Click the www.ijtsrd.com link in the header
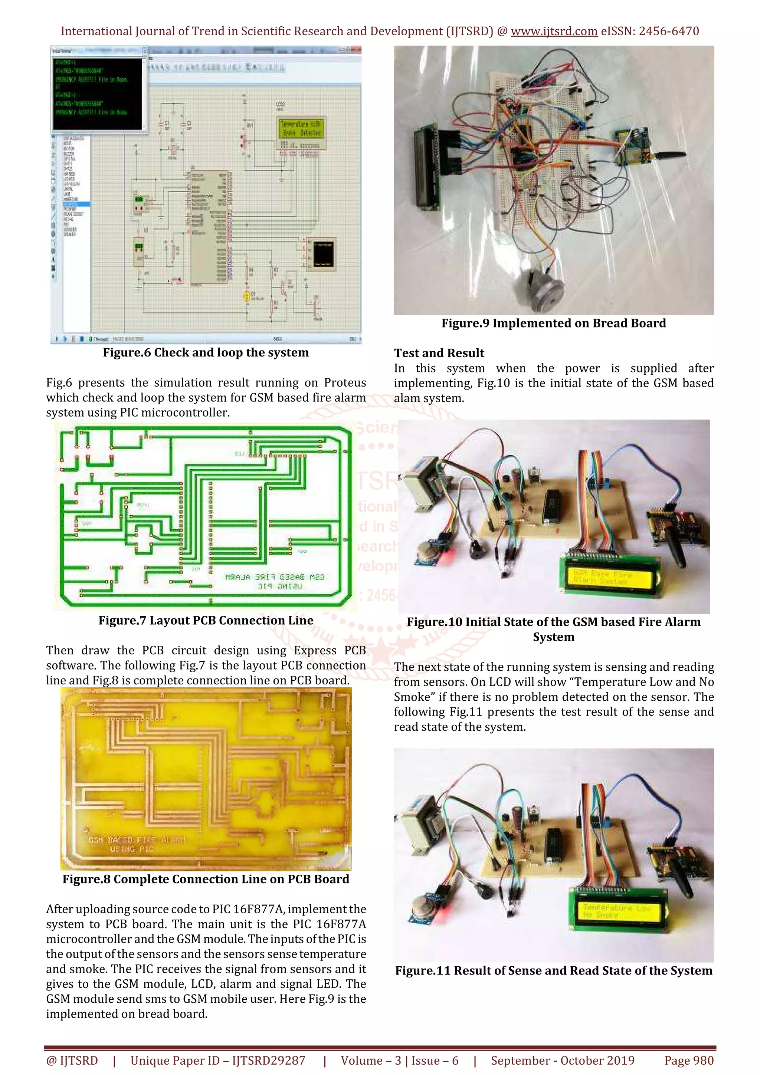pos(554,32)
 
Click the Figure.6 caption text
pos(206,352)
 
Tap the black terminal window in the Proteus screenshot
pos(97,93)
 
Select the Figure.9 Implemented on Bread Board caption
pos(554,323)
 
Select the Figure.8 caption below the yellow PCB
pos(206,879)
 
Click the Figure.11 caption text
pos(554,971)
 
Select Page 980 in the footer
pos(689,1061)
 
